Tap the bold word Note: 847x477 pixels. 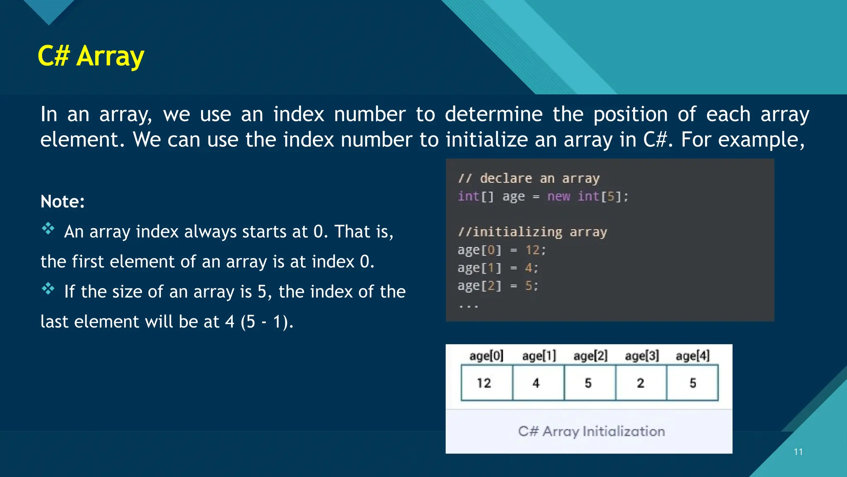[62, 202]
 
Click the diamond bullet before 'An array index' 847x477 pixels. [48, 229]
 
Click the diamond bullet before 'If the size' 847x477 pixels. [48, 289]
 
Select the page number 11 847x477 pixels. [798, 452]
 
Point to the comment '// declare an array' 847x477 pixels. [529, 178]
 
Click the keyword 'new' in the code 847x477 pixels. [558, 196]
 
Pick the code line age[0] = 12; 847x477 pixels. [502, 250]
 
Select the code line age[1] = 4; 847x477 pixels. [498, 268]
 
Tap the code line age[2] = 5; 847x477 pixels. [498, 286]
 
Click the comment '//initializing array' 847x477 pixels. [532, 232]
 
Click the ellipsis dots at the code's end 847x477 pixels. [468, 306]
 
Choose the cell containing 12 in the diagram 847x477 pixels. [486, 383]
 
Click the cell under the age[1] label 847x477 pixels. [538, 383]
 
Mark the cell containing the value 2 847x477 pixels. [641, 383]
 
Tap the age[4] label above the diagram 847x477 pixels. [692, 356]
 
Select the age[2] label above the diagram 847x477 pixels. [590, 356]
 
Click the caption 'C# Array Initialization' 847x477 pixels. [591, 431]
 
